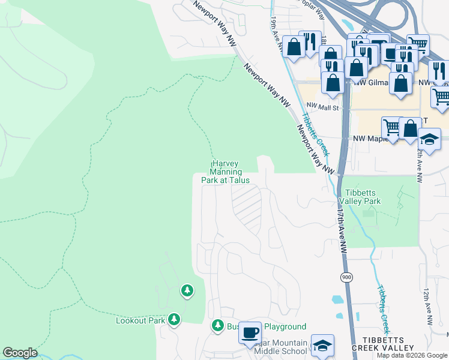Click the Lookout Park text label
coord(140,320)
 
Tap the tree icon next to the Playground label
coord(217,326)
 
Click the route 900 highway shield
coord(346,277)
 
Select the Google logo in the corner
coord(20,353)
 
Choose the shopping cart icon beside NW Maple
coord(391,127)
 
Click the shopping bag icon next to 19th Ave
coord(294,47)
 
